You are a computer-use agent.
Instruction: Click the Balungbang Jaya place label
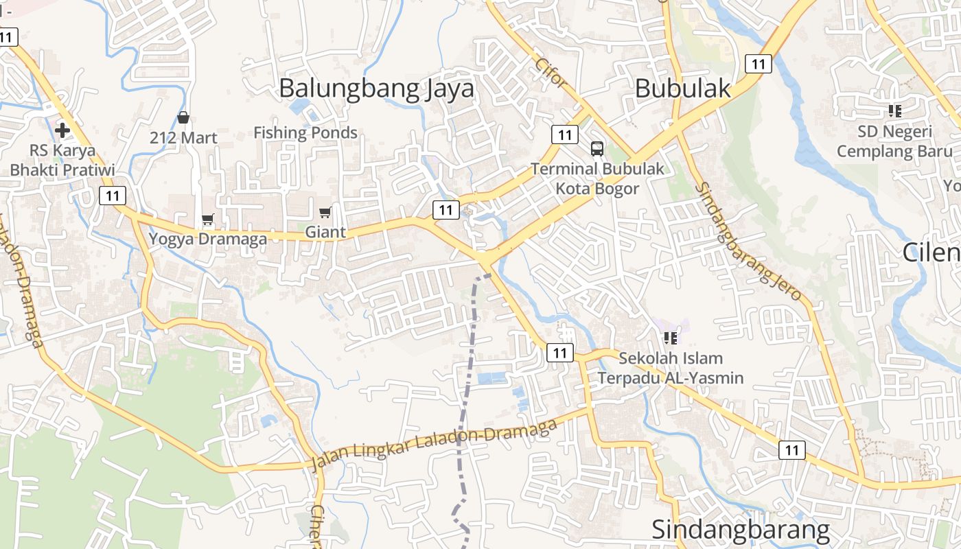click(x=376, y=89)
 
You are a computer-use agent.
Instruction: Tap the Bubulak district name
click(x=682, y=89)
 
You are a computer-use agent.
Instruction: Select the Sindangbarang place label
click(x=741, y=530)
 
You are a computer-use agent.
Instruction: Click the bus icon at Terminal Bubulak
click(x=597, y=148)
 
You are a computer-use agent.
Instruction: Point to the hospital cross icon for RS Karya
click(x=62, y=129)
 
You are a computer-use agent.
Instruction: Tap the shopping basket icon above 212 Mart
click(x=183, y=117)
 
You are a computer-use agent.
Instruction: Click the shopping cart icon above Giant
click(x=325, y=212)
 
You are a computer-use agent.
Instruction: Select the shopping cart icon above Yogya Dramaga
click(x=208, y=220)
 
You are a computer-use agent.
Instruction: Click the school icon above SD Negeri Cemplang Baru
click(x=894, y=110)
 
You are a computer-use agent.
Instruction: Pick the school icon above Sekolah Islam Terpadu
click(x=671, y=338)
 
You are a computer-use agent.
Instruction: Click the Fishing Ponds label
click(x=305, y=132)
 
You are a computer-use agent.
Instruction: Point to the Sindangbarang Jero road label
click(x=748, y=241)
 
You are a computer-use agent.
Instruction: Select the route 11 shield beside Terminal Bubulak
click(x=564, y=135)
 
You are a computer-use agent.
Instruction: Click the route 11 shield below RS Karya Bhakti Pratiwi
click(x=113, y=196)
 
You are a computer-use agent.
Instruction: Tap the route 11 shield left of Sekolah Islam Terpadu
click(x=560, y=353)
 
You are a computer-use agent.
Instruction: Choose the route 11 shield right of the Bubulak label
click(x=758, y=64)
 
